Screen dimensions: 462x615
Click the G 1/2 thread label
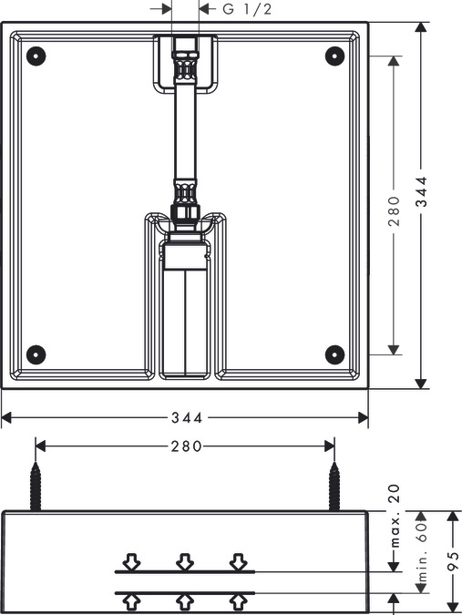coord(247,9)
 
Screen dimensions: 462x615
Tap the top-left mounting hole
coord(36,56)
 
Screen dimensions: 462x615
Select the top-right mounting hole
coord(335,56)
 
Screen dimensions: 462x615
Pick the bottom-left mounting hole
coord(36,354)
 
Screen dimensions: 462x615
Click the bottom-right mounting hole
coord(335,354)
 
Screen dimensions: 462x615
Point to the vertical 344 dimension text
coord(421,191)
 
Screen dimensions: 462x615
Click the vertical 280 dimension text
coord(394,211)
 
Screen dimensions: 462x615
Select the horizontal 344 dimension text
coord(187,417)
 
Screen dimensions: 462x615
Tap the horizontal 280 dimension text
coord(186,446)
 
